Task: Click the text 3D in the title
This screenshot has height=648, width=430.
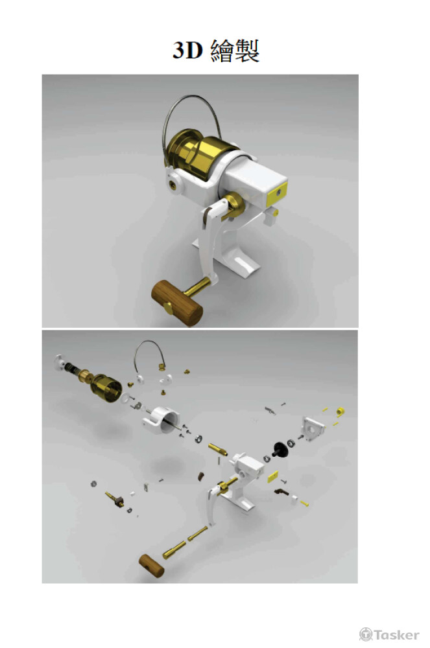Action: coord(187,51)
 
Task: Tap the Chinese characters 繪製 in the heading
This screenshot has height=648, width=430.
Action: coord(235,51)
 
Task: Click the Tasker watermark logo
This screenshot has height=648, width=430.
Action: coord(389,634)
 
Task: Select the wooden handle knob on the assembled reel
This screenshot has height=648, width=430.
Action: coord(177,303)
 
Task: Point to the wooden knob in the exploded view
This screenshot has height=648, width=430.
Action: coord(151,565)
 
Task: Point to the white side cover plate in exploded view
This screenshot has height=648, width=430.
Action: coord(313,428)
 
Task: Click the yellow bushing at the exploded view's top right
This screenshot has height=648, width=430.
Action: coord(340,411)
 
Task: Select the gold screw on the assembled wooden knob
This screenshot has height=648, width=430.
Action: coord(168,307)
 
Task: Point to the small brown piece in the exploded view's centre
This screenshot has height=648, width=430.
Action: coord(201,476)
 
